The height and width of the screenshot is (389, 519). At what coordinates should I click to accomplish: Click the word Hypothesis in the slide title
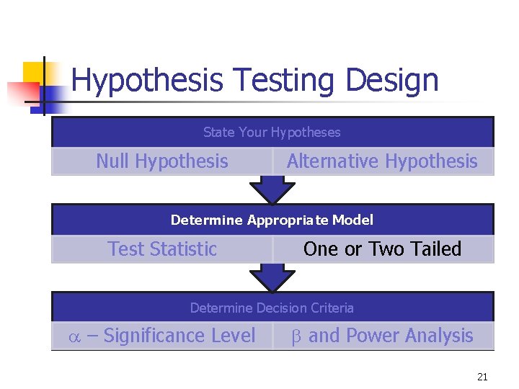(x=147, y=81)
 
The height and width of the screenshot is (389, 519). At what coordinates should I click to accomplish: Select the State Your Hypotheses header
(x=272, y=133)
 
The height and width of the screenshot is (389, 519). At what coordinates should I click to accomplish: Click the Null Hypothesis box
(x=162, y=161)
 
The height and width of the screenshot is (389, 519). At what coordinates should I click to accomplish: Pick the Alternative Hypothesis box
(x=382, y=161)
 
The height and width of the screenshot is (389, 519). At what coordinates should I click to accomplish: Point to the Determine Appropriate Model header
(x=272, y=220)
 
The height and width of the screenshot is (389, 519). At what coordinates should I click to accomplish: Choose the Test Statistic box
(x=162, y=249)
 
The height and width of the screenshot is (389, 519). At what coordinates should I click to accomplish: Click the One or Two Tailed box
(x=382, y=249)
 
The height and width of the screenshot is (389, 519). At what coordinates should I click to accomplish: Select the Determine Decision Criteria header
(x=272, y=308)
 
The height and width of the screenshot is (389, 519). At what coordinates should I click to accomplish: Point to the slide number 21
(x=482, y=377)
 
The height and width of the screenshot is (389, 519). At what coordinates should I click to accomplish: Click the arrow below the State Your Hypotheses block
(x=272, y=191)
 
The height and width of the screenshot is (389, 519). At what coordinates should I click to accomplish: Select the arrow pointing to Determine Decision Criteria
(x=272, y=278)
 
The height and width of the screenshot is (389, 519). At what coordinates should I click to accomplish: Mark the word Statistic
(x=183, y=249)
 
